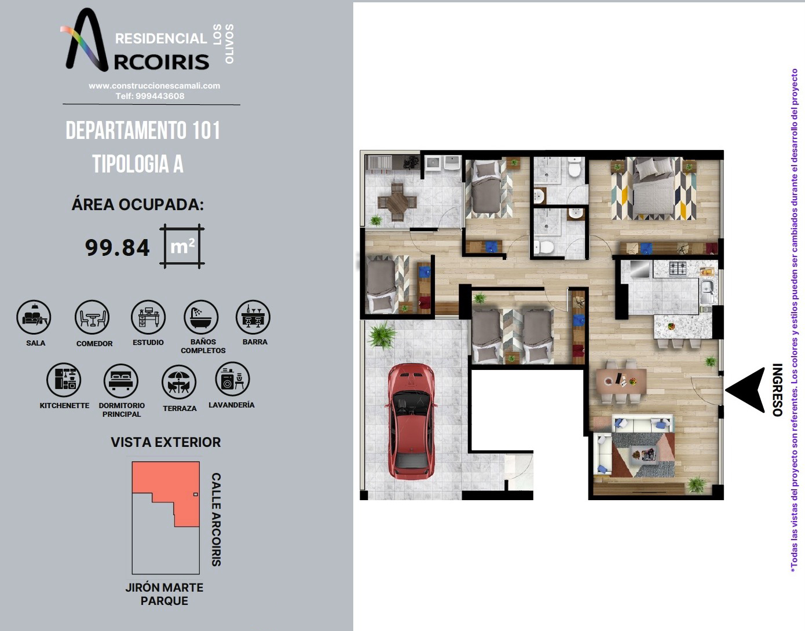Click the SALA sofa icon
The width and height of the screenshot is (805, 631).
(34, 317)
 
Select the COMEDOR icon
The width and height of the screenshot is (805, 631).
(92, 317)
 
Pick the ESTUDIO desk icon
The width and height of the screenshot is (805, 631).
(148, 317)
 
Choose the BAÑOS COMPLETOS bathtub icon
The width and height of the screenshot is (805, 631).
(201, 317)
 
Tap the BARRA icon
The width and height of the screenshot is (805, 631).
(254, 317)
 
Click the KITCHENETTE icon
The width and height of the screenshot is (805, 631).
(64, 380)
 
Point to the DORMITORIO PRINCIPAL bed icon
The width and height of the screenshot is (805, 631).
(121, 381)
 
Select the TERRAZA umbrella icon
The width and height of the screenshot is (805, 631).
(180, 382)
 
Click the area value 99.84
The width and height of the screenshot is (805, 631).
(117, 248)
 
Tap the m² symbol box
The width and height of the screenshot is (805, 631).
(182, 246)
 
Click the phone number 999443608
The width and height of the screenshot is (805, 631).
(160, 96)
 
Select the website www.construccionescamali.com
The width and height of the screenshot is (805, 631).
(154, 86)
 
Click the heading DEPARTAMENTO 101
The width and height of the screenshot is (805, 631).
(143, 130)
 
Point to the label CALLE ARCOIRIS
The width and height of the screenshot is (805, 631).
(217, 519)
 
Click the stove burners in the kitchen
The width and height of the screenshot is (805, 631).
(678, 269)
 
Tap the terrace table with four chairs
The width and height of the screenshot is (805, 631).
(397, 202)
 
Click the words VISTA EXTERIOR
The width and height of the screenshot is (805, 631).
(166, 442)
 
